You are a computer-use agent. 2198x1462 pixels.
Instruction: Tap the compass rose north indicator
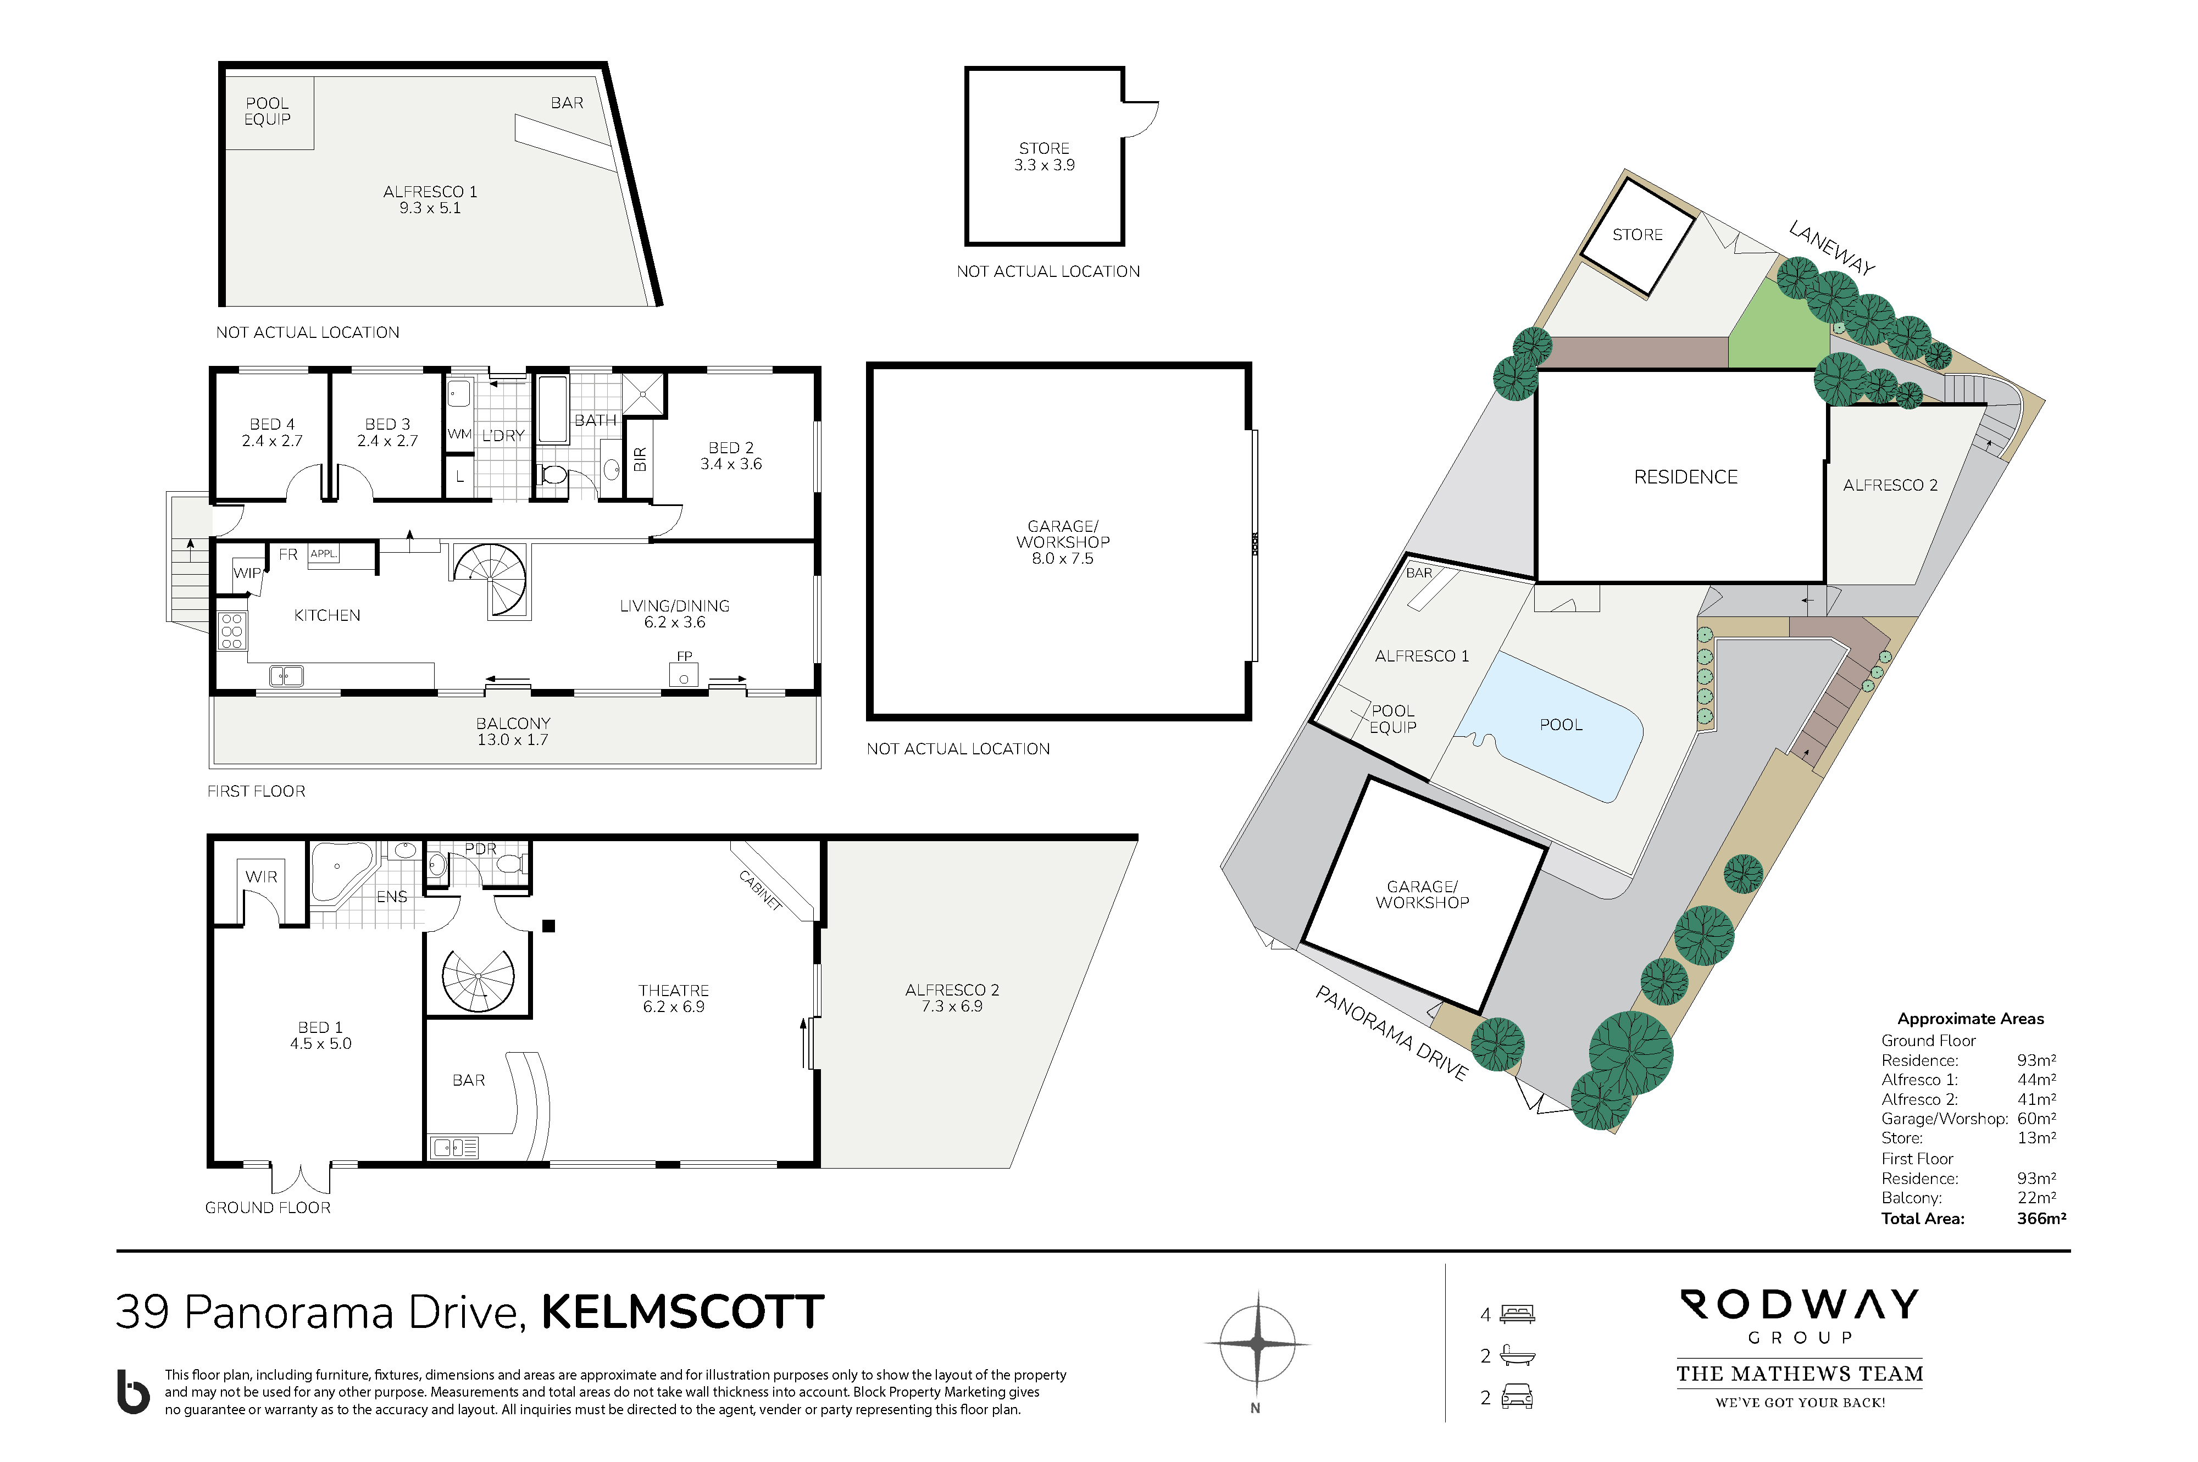(1256, 1343)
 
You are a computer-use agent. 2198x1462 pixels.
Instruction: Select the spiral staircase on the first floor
(491, 580)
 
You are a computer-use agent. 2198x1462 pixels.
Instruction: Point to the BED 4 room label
(273, 432)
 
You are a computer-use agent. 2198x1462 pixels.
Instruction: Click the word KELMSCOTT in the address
(682, 1312)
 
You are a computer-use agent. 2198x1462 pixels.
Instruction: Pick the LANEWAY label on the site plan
(1831, 248)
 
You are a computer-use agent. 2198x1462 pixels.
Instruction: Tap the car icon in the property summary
(1517, 1397)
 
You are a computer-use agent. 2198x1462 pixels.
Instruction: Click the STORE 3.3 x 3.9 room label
(1045, 157)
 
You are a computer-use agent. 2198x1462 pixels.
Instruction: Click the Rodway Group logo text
(1799, 1316)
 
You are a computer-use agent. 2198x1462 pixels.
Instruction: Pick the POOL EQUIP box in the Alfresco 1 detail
(268, 113)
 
